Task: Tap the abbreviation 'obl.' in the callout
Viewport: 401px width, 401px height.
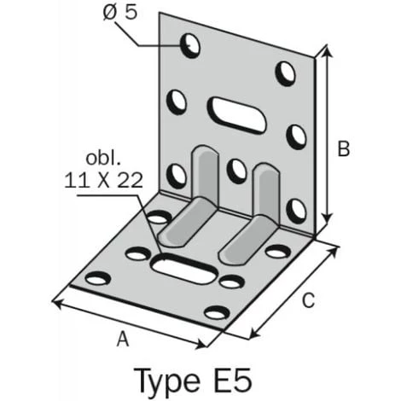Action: click(102, 160)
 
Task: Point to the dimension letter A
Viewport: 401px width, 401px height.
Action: click(122, 339)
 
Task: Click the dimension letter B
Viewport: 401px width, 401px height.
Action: click(343, 149)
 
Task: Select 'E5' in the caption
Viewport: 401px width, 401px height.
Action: click(233, 376)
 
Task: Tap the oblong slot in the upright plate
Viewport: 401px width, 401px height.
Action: click(235, 113)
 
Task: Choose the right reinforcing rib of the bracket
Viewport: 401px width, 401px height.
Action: click(250, 218)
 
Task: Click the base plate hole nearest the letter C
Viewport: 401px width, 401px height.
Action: click(276, 252)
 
